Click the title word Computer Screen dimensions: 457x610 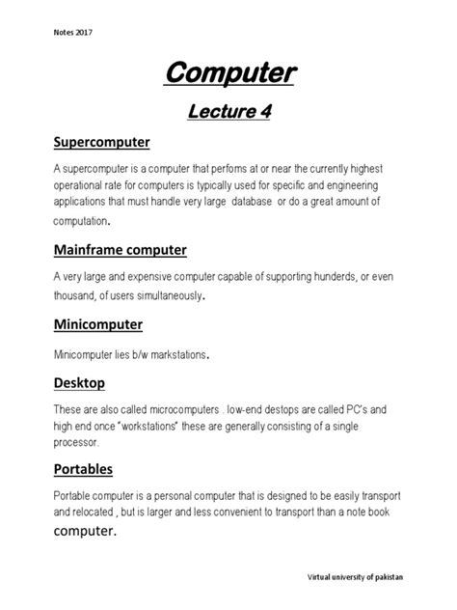click(228, 72)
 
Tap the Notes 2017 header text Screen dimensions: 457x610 click(72, 32)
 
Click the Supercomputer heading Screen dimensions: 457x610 click(101, 143)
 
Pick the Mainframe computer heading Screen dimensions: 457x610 click(120, 250)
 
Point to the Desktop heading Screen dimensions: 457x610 click(79, 383)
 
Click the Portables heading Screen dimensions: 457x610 click(83, 469)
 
